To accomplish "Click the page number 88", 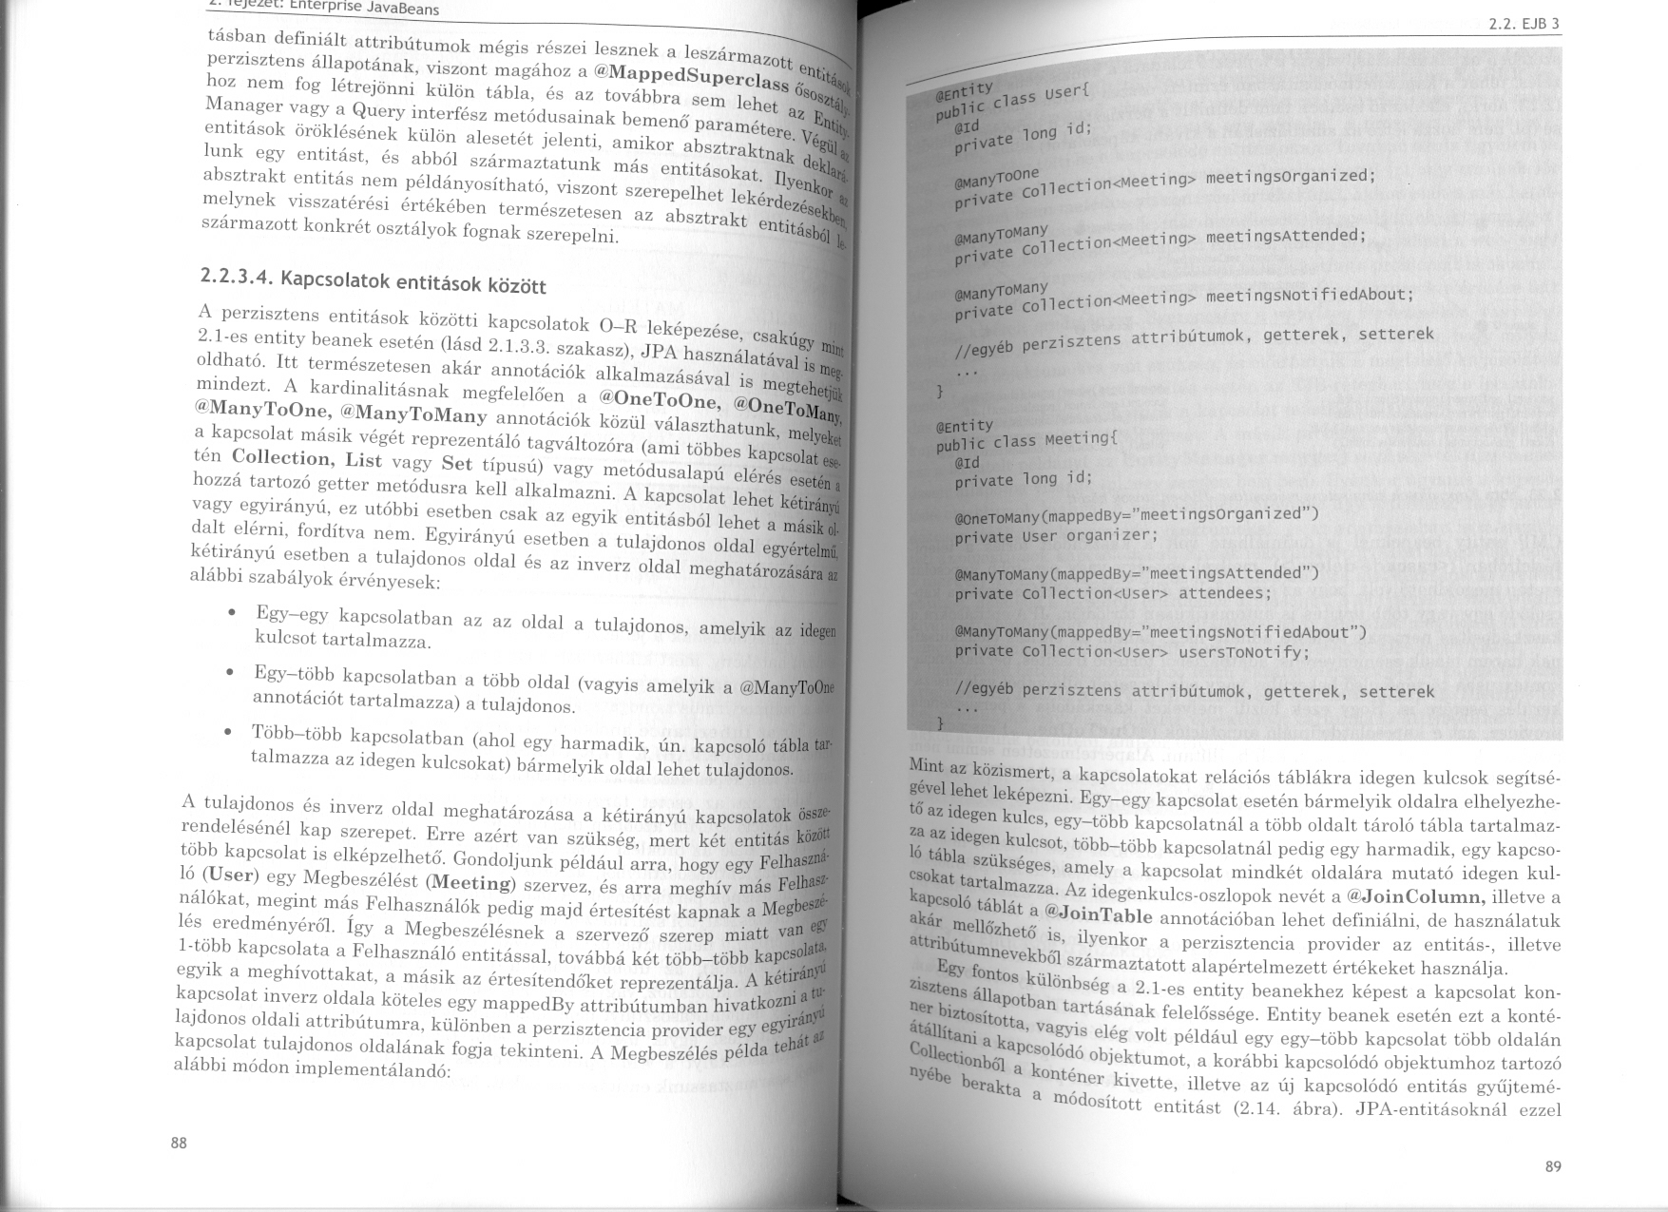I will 179,1144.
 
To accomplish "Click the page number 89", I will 1553,1166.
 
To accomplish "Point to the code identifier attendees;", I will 1225,593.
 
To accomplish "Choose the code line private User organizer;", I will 1056,535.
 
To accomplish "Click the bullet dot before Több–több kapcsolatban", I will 228,732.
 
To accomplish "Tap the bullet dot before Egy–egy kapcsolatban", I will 233,613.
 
